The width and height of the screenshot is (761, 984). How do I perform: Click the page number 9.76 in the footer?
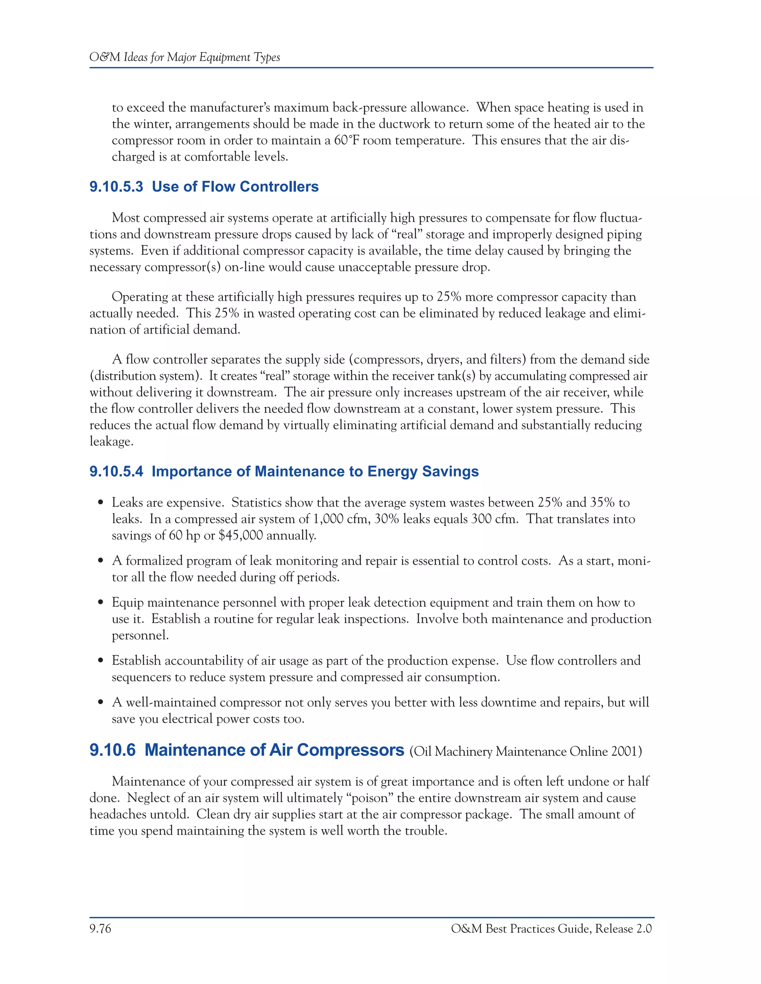click(100, 929)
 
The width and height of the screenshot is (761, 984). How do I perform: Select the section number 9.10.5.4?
click(116, 471)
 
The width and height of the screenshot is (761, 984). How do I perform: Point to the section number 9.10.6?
click(112, 750)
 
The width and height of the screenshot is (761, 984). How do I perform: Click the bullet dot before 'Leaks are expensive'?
click(101, 503)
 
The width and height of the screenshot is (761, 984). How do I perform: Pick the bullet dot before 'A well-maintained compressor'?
click(101, 703)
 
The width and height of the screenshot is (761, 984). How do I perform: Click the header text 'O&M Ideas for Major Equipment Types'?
click(184, 57)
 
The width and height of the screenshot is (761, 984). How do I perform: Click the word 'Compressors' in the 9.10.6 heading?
click(350, 750)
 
